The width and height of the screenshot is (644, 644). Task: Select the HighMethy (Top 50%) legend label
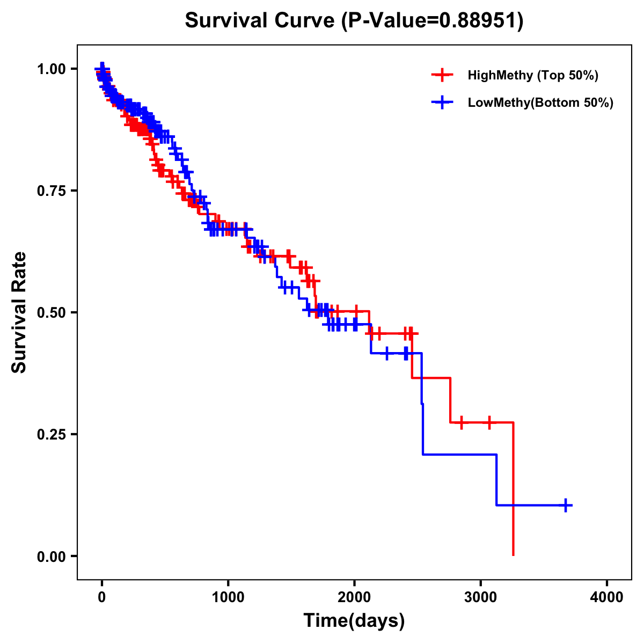tap(532, 75)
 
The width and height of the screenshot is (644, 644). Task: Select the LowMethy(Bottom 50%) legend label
tap(540, 103)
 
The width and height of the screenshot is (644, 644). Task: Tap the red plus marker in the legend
tap(442, 75)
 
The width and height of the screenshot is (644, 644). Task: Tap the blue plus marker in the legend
tap(442, 103)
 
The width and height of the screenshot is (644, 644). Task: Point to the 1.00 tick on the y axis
tap(51, 69)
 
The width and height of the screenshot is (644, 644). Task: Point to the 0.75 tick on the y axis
tap(51, 191)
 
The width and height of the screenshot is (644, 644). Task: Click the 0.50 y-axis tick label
tap(51, 312)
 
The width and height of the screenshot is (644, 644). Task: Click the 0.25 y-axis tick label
tap(51, 434)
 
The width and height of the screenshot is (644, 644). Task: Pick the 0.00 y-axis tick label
tap(51, 556)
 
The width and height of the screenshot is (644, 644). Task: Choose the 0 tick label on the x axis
tap(102, 597)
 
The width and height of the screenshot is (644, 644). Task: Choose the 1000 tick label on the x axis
tap(228, 597)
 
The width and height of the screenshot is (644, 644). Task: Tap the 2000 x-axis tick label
tap(354, 597)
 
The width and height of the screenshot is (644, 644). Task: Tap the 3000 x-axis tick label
tap(481, 597)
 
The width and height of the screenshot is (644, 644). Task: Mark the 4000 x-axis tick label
tap(607, 597)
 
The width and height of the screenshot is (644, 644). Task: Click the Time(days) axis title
tap(354, 621)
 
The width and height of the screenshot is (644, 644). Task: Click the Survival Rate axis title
tap(19, 312)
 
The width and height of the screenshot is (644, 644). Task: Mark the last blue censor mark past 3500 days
tap(566, 505)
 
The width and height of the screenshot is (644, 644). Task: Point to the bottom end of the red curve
tap(514, 554)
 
